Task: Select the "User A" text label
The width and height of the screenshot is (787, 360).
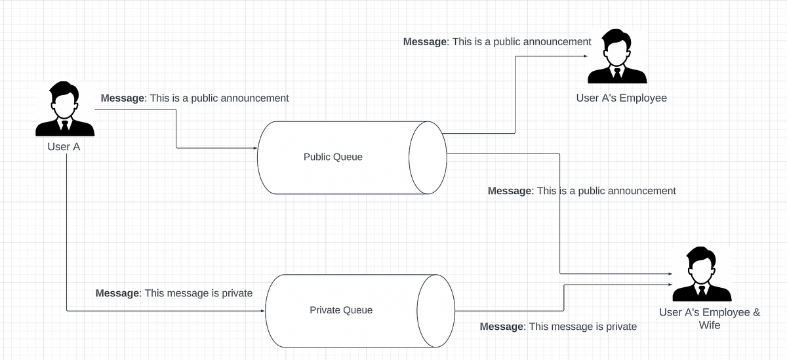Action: (x=64, y=147)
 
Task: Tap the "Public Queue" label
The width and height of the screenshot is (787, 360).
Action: (x=333, y=157)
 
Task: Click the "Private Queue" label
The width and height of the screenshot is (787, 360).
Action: (x=340, y=310)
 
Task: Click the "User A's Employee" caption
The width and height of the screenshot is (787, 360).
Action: (x=621, y=98)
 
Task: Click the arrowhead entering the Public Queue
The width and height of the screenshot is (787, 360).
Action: (x=254, y=148)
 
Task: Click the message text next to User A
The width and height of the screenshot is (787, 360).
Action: (x=195, y=98)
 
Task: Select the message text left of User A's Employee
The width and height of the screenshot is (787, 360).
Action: (x=497, y=42)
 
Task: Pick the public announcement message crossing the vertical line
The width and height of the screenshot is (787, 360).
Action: (x=582, y=191)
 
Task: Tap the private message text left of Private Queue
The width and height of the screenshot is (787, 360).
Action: (x=174, y=293)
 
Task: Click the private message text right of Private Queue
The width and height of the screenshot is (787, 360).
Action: (x=558, y=327)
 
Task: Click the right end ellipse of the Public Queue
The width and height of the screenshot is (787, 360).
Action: (x=428, y=157)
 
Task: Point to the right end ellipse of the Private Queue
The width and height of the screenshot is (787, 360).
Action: (x=436, y=310)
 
